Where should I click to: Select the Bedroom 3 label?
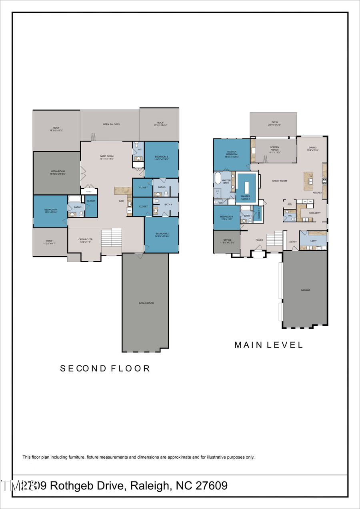click(162, 158)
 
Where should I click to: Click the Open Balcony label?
click(111, 124)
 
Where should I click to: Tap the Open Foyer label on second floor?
click(85, 240)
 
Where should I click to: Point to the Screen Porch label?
click(274, 149)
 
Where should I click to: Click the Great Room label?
click(280, 181)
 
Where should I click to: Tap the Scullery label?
click(315, 213)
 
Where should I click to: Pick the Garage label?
click(306, 290)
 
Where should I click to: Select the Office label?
click(227, 241)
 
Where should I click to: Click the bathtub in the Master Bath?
click(218, 178)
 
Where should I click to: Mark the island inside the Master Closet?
click(246, 186)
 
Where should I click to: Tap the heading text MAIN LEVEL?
click(269, 345)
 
